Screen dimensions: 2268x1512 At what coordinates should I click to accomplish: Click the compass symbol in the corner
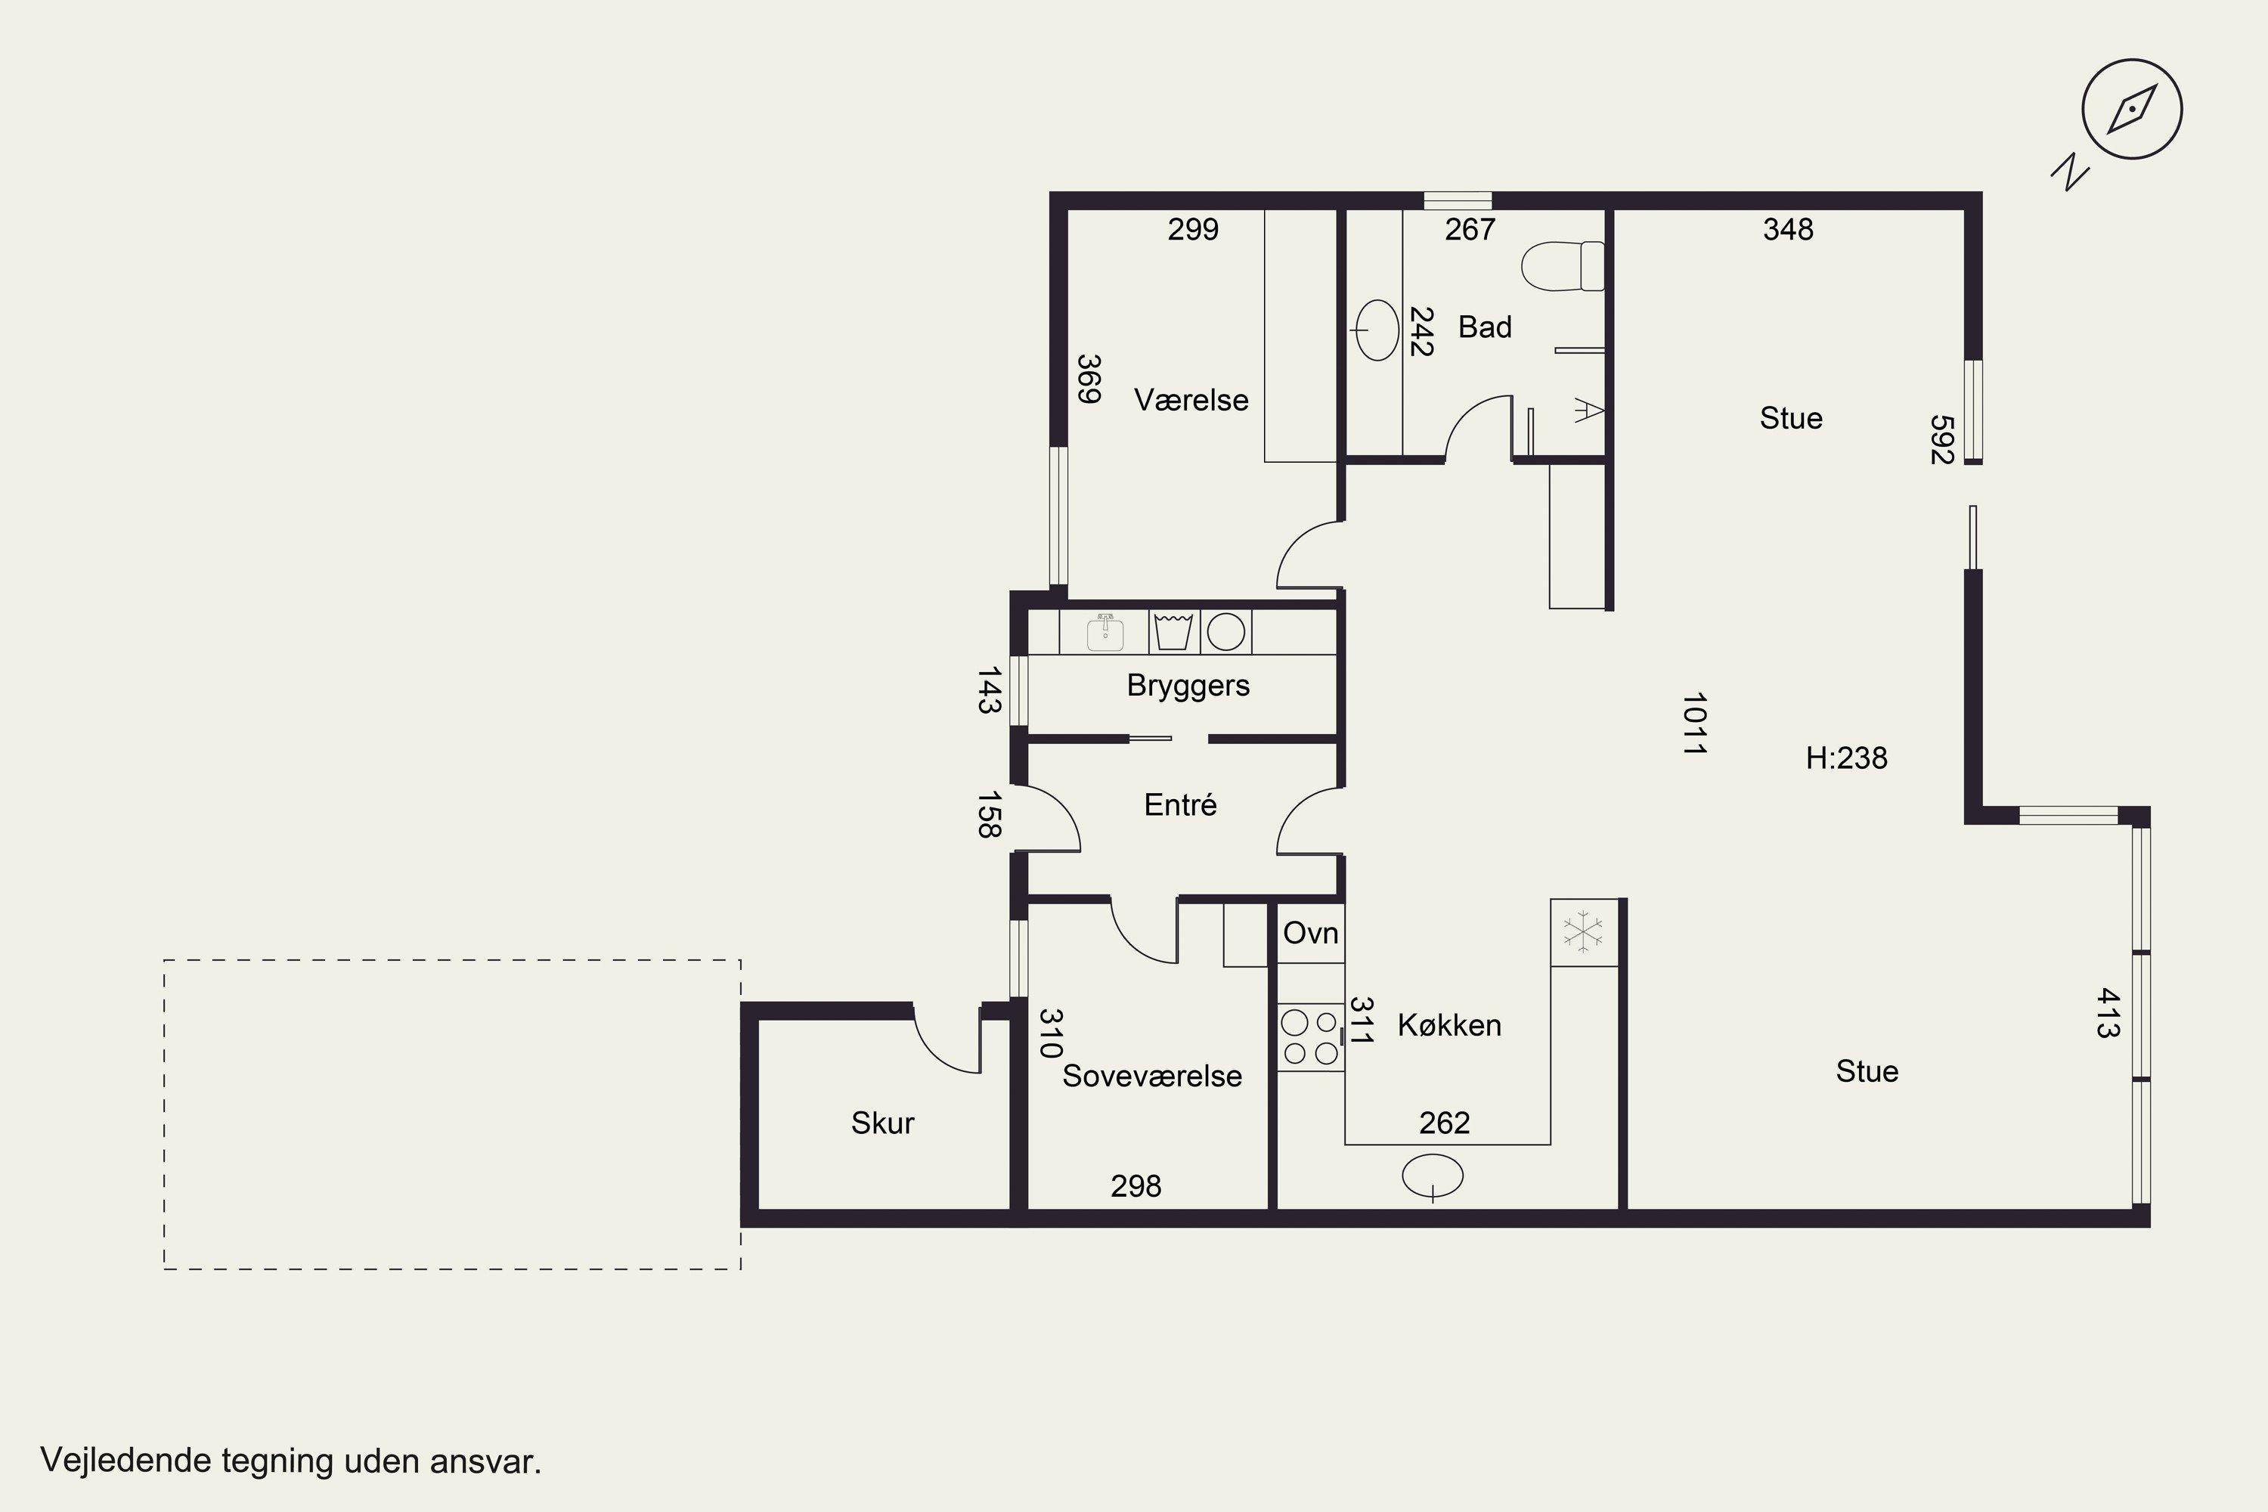(2132, 109)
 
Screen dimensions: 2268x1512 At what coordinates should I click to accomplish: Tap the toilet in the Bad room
(1562, 265)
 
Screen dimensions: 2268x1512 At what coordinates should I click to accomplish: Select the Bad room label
(1484, 327)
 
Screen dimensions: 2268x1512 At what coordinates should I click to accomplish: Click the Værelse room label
(1191, 399)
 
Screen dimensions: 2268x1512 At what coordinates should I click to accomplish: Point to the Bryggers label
(1188, 686)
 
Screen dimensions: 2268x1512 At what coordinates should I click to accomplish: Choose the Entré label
(1180, 804)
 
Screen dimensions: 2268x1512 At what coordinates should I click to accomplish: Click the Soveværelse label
(1152, 1075)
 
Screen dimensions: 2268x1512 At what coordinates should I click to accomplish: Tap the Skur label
(882, 1123)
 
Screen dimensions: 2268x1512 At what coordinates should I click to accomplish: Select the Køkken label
(1449, 1024)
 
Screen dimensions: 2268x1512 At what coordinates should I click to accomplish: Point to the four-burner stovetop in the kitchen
(1310, 1036)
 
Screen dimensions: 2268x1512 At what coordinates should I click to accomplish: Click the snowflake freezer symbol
(1583, 931)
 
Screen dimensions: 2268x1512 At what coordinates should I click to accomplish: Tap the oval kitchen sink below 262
(1432, 1176)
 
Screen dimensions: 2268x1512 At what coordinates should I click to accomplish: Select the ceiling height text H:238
(1847, 758)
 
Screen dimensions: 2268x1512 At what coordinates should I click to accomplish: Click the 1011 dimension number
(1694, 723)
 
